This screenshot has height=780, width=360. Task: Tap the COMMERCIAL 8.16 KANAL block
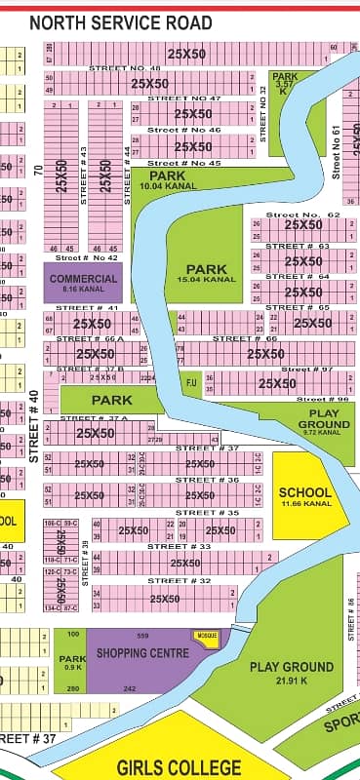point(83,283)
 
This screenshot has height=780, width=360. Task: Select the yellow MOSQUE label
point(206,637)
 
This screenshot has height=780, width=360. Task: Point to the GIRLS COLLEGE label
point(181,767)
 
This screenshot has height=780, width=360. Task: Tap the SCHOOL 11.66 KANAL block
point(305,496)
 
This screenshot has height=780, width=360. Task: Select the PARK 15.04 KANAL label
point(207,273)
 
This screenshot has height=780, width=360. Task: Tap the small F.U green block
point(191,382)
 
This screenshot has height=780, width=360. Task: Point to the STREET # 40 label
point(35,426)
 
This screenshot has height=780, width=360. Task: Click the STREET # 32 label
point(177,580)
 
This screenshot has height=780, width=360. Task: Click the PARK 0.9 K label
point(73,663)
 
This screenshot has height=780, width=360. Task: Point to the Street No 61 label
point(335,152)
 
